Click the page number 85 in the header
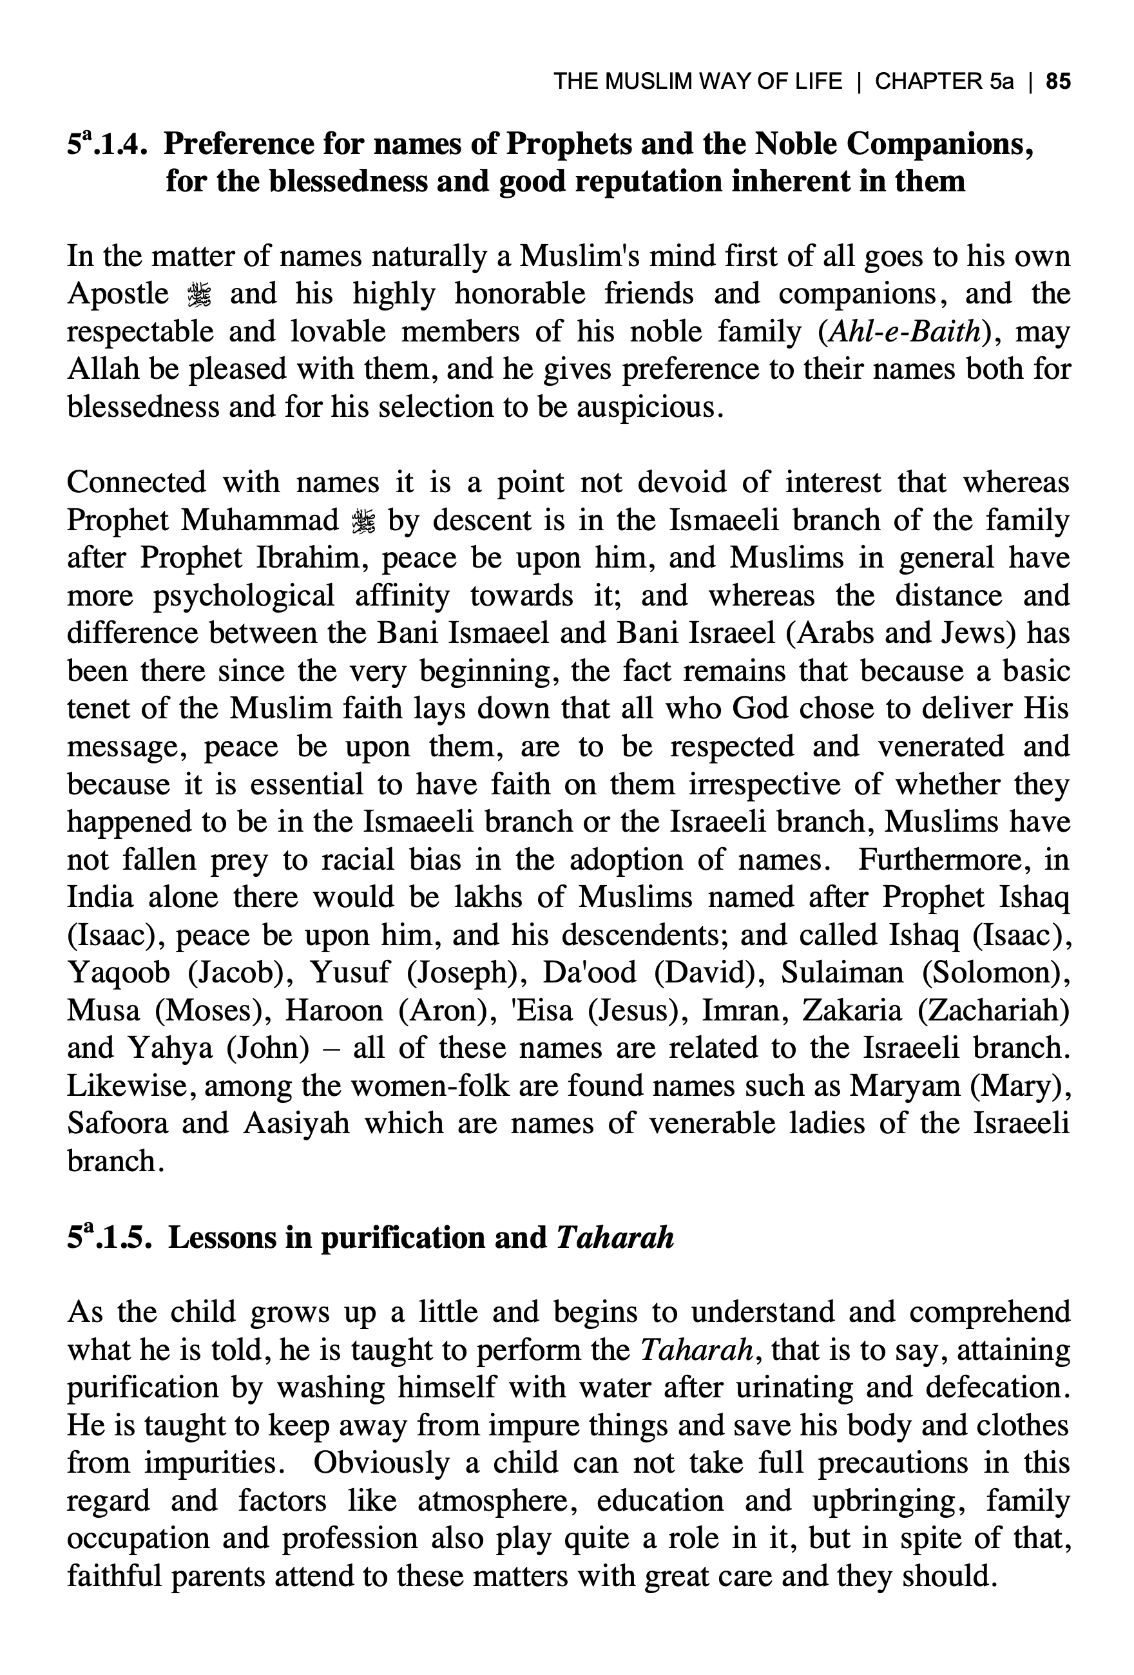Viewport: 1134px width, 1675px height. click(1057, 81)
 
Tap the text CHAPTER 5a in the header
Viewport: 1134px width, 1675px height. click(944, 81)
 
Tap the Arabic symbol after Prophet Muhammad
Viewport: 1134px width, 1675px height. click(363, 521)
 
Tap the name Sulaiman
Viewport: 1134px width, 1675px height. click(842, 973)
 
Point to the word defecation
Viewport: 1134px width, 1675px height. click(998, 1388)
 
